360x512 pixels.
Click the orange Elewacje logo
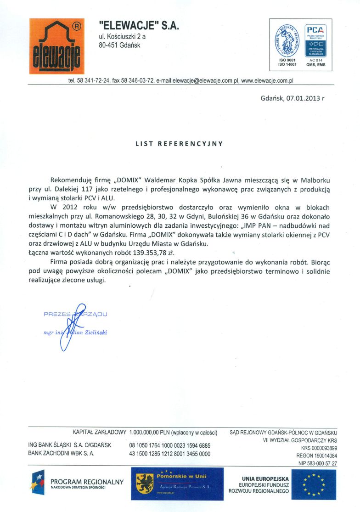tap(56, 46)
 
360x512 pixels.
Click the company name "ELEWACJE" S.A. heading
tap(139, 27)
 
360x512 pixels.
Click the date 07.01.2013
tap(303, 98)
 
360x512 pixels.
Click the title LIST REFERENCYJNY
tap(179, 144)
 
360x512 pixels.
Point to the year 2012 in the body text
tap(70, 208)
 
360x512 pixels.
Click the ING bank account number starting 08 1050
tap(170, 445)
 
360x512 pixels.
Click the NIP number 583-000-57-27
tap(318, 464)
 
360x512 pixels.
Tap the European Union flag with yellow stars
tap(314, 484)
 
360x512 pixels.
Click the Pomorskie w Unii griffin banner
tap(177, 484)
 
